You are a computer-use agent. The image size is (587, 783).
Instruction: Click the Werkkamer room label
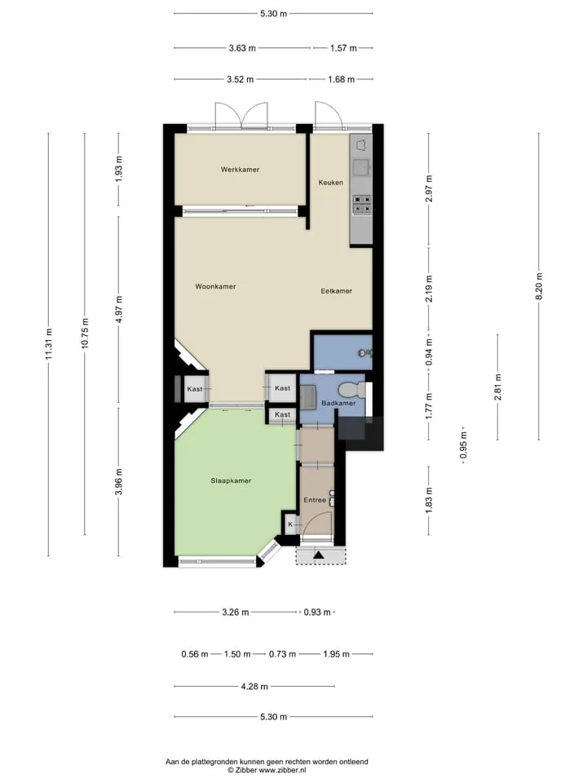click(x=240, y=170)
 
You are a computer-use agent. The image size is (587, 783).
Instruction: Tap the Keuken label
click(x=330, y=182)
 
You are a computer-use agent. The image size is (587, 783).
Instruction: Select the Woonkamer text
click(x=215, y=286)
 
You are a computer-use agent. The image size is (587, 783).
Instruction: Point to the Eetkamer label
click(x=336, y=290)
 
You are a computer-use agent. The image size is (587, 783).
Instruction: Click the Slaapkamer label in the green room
click(x=231, y=480)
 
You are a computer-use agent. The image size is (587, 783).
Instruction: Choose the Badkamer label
click(x=338, y=403)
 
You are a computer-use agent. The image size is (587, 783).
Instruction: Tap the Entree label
click(x=315, y=500)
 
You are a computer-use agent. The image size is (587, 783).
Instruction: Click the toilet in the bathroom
click(x=351, y=389)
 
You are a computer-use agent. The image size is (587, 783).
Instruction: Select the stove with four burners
click(x=362, y=204)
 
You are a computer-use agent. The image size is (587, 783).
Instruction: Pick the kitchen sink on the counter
click(x=361, y=167)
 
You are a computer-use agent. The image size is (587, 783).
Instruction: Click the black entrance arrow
click(x=318, y=555)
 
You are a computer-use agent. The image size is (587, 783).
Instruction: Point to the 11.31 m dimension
click(x=48, y=344)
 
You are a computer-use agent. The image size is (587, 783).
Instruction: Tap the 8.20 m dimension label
click(x=539, y=286)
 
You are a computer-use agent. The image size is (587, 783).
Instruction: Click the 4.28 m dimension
click(x=254, y=686)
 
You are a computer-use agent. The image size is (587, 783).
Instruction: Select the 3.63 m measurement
click(x=242, y=48)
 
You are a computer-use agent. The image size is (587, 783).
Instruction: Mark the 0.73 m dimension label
click(x=282, y=653)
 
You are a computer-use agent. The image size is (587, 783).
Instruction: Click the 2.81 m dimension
click(x=497, y=387)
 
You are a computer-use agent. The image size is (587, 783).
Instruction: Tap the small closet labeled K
click(x=290, y=524)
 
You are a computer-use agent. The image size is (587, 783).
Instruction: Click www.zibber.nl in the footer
click(x=283, y=770)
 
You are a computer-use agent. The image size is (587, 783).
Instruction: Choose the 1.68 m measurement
click(x=341, y=79)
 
